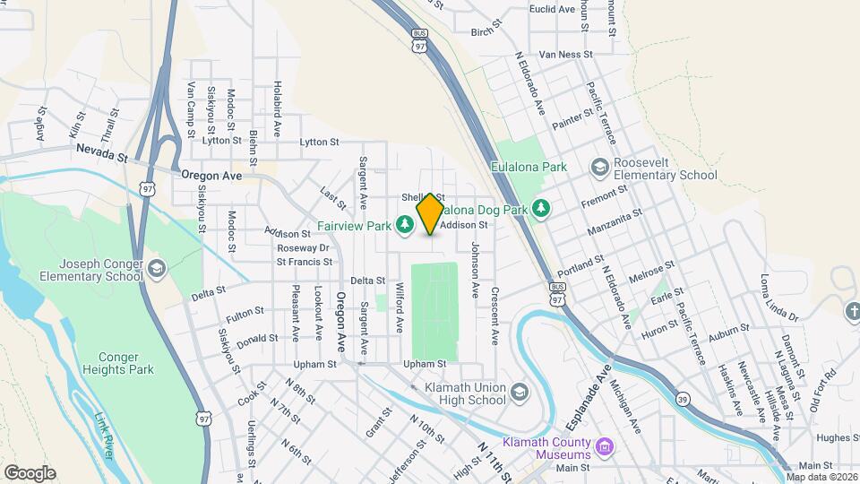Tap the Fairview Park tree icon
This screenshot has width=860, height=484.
point(404,224)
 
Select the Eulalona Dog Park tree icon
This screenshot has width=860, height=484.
point(540,208)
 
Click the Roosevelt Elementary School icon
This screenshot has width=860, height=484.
point(599,168)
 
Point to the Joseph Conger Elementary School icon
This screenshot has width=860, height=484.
point(157,269)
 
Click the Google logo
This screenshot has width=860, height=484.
point(30,472)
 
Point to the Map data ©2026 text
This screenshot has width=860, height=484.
point(821,477)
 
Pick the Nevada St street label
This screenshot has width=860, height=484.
point(102,152)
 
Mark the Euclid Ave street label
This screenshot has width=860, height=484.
point(553,9)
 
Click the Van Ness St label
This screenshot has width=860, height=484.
point(564,54)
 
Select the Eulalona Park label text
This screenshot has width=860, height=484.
point(529,167)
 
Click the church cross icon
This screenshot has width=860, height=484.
point(853,311)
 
